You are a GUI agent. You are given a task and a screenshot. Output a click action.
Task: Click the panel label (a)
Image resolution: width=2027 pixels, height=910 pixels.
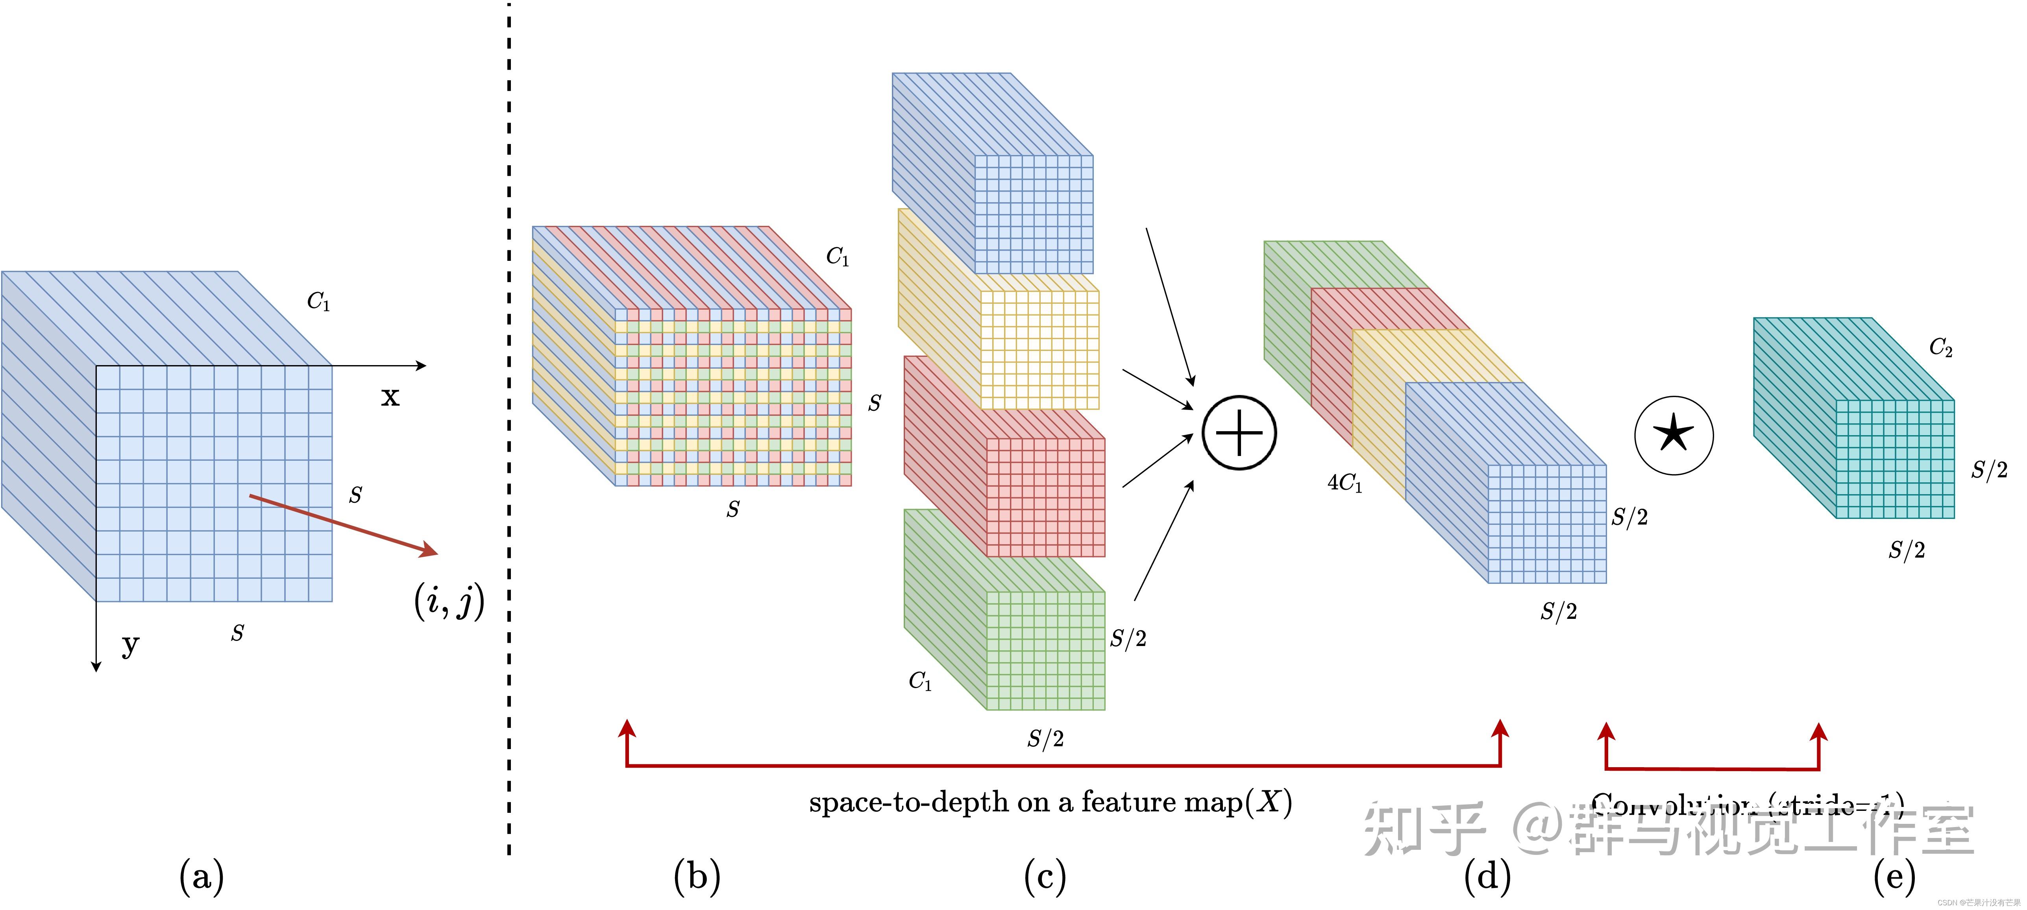[202, 876]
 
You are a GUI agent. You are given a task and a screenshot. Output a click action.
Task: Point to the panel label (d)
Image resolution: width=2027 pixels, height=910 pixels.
[1487, 876]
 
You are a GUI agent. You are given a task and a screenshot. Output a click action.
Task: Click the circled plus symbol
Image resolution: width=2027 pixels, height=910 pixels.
[1239, 433]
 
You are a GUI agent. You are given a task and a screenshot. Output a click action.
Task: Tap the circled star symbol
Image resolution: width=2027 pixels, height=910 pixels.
[1674, 435]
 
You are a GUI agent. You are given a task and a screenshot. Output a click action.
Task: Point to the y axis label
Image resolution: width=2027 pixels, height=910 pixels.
[130, 645]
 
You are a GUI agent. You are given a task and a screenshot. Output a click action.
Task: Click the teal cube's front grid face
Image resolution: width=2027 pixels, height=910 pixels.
[1895, 459]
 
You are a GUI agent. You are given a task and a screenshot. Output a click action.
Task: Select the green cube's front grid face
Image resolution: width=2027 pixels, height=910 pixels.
[1045, 650]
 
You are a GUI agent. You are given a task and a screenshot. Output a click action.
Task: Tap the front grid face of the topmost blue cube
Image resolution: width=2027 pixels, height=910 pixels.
[1033, 214]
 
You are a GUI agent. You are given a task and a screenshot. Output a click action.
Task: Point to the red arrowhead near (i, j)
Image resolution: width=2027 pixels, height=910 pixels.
[429, 550]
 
